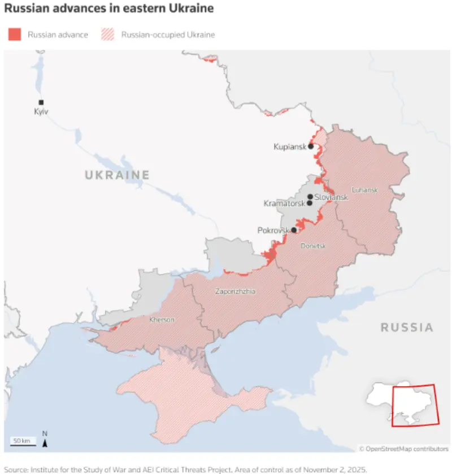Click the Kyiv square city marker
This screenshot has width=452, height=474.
click(x=41, y=102)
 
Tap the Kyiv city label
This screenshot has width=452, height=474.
click(x=41, y=112)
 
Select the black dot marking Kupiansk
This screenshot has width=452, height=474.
click(x=311, y=146)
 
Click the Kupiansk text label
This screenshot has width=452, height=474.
click(x=290, y=146)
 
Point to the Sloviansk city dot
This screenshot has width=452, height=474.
click(x=310, y=197)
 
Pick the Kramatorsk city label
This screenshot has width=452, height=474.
click(x=284, y=203)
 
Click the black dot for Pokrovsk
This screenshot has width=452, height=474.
click(x=294, y=230)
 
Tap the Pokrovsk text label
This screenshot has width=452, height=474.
click(x=273, y=231)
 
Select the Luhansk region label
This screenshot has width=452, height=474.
click(x=364, y=190)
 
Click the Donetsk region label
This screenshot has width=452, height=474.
click(x=313, y=246)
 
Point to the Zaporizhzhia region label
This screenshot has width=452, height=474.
click(x=235, y=292)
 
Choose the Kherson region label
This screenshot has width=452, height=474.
click(x=162, y=320)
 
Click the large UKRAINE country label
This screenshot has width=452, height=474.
click(x=117, y=175)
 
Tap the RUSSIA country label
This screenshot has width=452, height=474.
click(x=407, y=327)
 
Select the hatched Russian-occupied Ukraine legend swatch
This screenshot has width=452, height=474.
click(x=108, y=34)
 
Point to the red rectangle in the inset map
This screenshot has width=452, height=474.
click(x=414, y=405)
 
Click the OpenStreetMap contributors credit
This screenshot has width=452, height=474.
click(x=403, y=449)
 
